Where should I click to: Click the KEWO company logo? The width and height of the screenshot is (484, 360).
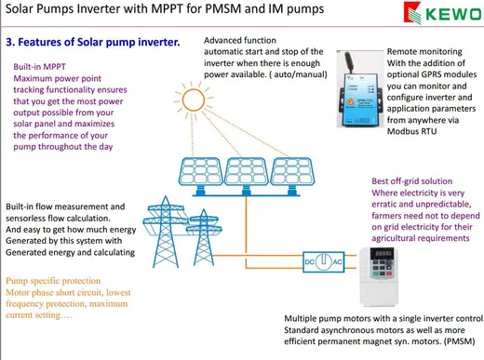click(x=442, y=13)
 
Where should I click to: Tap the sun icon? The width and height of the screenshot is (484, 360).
click(x=194, y=100)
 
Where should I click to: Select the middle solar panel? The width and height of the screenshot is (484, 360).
click(x=247, y=175)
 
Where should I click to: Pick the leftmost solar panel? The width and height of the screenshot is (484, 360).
click(x=200, y=175)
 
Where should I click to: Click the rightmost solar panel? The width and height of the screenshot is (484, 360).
click(x=292, y=175)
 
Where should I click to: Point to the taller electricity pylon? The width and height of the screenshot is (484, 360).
click(x=166, y=232)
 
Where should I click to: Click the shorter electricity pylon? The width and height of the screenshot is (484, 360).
click(x=204, y=237)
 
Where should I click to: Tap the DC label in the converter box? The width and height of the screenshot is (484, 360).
click(x=309, y=262)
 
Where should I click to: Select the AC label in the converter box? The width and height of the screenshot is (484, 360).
click(x=337, y=262)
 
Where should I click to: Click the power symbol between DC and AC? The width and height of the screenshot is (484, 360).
click(x=324, y=261)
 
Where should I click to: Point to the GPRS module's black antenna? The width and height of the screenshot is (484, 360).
click(x=349, y=61)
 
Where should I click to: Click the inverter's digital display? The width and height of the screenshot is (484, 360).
click(x=382, y=253)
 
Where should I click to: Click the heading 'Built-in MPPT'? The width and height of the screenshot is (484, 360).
click(x=39, y=67)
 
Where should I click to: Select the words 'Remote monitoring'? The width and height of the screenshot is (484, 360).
click(x=424, y=51)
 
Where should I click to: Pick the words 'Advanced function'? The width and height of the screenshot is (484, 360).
click(x=240, y=40)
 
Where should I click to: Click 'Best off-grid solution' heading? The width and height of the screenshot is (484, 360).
click(x=412, y=181)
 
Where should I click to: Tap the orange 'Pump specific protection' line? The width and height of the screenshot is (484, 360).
click(x=53, y=281)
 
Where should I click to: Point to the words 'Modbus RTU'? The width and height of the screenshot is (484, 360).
click(x=411, y=131)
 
